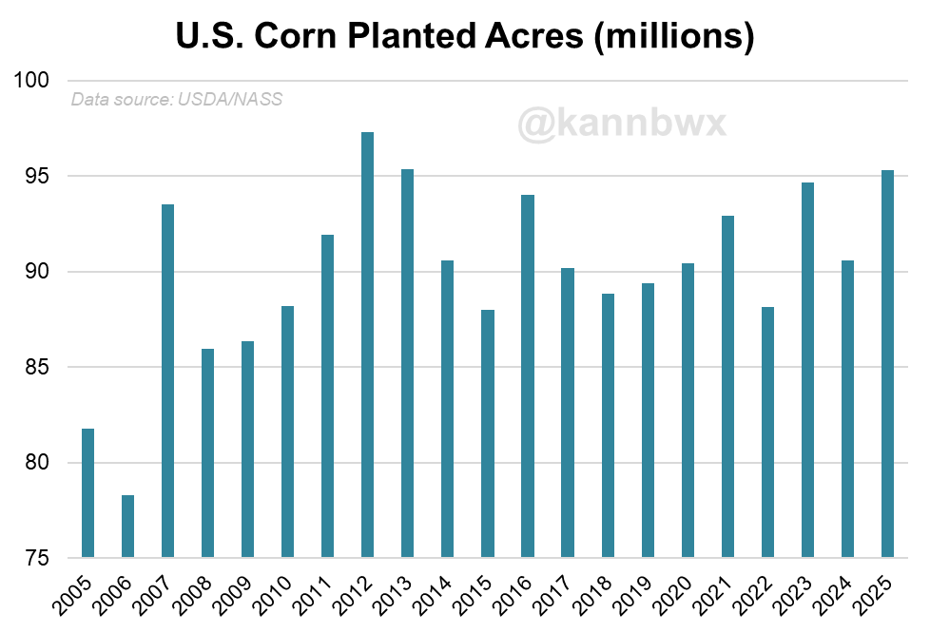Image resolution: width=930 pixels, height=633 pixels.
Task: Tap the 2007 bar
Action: pos(167,380)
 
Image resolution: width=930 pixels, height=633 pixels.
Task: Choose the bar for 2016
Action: pos(528,375)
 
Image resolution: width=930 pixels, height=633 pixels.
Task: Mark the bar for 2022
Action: pos(767,432)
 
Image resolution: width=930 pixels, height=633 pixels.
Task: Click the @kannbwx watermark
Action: pos(622,123)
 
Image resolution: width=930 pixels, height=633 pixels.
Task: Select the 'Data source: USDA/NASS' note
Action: pos(177,99)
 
